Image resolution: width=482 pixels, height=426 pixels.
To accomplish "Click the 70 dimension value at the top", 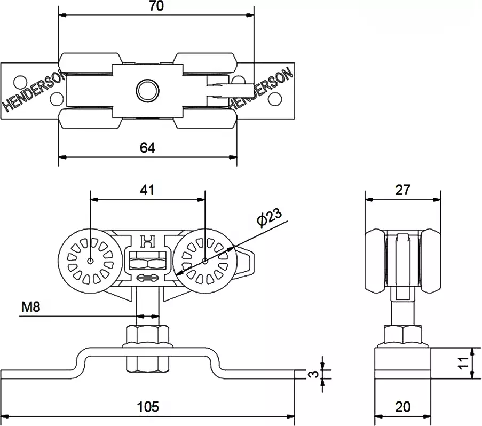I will point(156,6).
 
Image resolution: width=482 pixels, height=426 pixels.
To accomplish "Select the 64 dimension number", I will point(148,148).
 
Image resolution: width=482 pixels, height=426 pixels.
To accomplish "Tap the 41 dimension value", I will point(148,190).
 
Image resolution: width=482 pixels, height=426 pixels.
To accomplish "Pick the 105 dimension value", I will point(148,407).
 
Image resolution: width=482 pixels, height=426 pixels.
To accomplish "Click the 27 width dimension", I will point(403,190).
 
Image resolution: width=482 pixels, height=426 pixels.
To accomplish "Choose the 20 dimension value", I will point(403,407).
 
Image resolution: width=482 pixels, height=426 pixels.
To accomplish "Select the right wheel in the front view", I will point(206,261).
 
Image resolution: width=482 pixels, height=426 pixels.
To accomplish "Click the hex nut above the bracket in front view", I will point(148,336).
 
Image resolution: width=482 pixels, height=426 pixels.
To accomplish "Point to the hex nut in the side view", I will point(403,335).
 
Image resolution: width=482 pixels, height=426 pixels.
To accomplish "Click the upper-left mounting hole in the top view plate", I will point(19,81).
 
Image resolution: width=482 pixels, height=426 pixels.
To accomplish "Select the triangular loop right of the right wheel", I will point(246,262).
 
